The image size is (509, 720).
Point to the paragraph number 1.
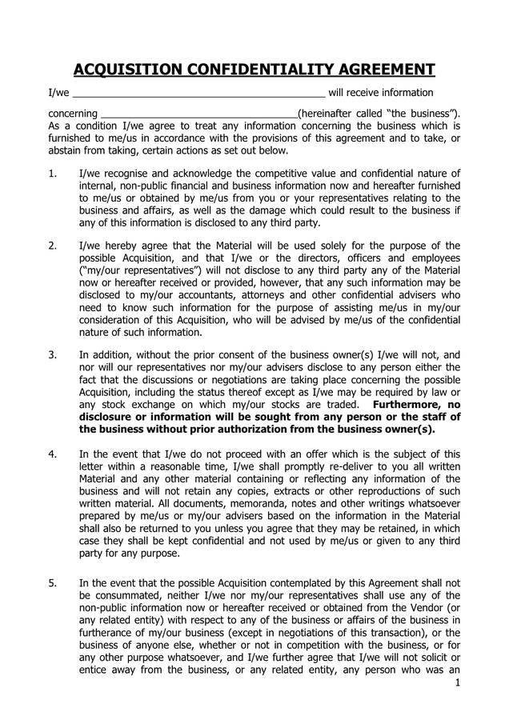[52, 174]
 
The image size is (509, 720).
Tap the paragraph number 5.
[52, 584]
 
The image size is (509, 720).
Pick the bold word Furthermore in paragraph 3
[415, 405]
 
